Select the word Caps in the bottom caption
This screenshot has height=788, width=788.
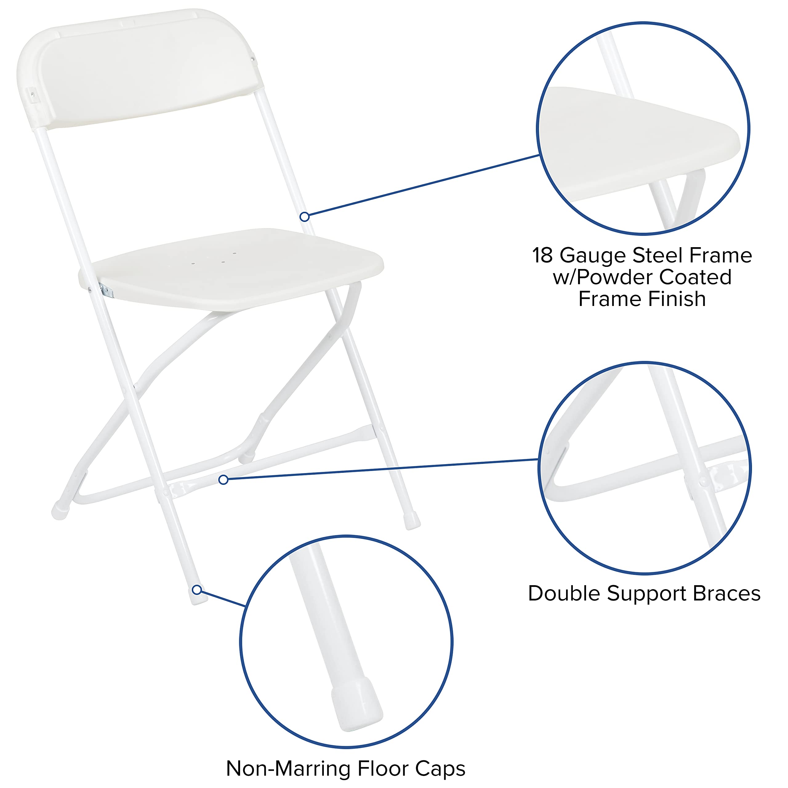coord(440,769)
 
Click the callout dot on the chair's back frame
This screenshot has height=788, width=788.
coord(304,217)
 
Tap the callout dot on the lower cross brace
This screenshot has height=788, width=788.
coord(223,480)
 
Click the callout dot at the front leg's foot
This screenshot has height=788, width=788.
coord(197,590)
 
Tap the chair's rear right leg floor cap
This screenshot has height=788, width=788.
coord(412,521)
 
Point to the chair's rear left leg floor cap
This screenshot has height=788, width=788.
coord(60,510)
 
